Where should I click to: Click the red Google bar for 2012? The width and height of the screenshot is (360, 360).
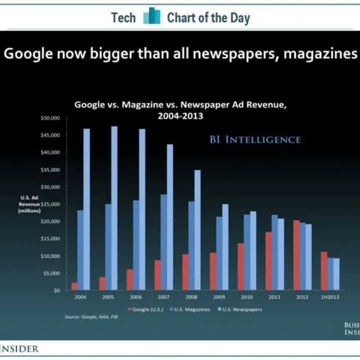[296, 255]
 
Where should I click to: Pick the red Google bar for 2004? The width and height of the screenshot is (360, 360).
[74, 286]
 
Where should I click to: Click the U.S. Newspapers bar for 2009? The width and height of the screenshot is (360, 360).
[225, 247]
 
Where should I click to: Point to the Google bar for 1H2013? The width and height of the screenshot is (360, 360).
[324, 271]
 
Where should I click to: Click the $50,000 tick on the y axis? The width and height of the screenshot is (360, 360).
[50, 117]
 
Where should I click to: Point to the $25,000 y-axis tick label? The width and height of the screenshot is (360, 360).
[50, 204]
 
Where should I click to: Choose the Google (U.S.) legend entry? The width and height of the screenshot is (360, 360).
[148, 309]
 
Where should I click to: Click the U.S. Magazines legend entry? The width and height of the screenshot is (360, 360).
[192, 309]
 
